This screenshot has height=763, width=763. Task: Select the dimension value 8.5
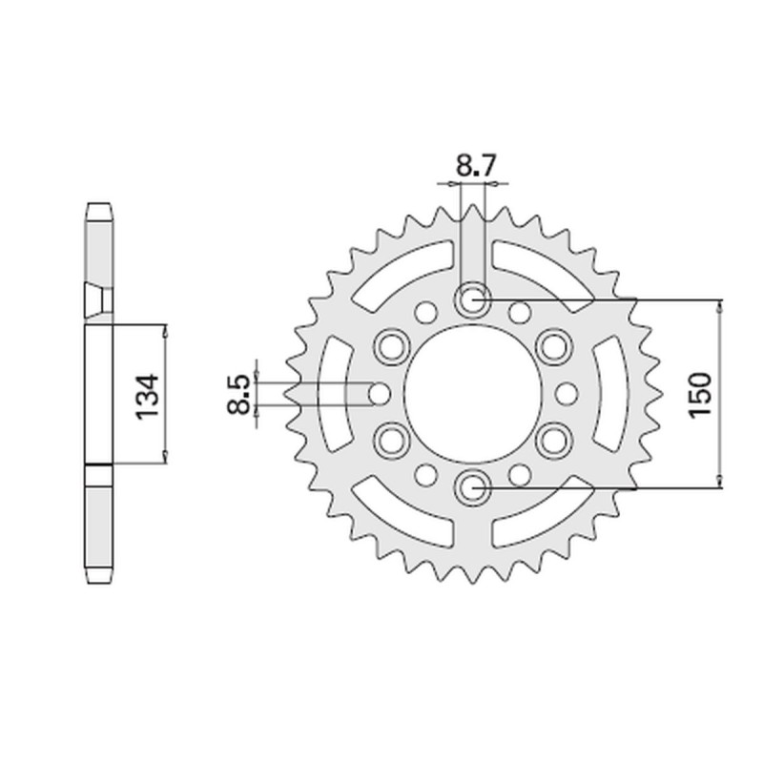[238, 393]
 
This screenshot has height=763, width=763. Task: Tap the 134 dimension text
[146, 393]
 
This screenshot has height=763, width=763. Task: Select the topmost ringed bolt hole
[472, 299]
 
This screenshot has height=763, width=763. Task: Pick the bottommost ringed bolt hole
[472, 488]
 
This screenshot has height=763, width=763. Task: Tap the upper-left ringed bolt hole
[391, 346]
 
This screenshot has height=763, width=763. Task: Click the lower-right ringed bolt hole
[553, 440]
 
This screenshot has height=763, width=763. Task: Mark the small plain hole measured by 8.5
[379, 393]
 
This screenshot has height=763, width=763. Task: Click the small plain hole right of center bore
[566, 393]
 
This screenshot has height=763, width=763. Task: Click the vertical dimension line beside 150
[720, 393]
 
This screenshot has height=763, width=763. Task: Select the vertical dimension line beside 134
[167, 393]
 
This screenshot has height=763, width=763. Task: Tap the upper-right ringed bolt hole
[553, 346]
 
